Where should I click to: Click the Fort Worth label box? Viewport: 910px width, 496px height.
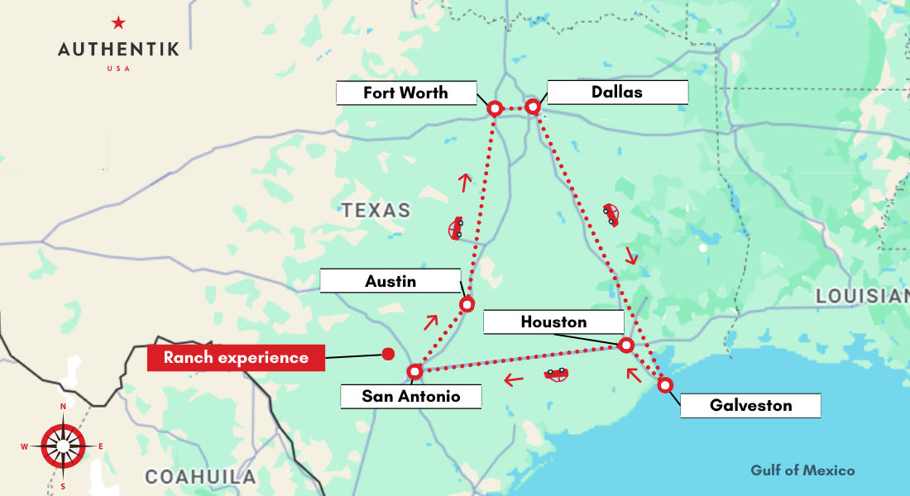[406, 93]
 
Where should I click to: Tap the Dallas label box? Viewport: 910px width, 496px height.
[617, 92]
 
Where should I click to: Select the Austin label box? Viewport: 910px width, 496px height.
[390, 281]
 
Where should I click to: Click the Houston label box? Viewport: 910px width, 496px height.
[553, 322]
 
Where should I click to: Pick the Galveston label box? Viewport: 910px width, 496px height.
[750, 405]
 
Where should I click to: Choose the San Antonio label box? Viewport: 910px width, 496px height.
[411, 396]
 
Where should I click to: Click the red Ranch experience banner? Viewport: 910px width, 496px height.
[236, 358]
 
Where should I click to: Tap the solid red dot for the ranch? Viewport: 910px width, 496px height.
[387, 355]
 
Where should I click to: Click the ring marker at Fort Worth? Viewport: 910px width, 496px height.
[495, 108]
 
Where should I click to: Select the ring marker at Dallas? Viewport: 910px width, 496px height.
[533, 107]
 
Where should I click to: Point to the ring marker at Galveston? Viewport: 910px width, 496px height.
[664, 385]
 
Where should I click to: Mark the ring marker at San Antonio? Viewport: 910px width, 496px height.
[415, 371]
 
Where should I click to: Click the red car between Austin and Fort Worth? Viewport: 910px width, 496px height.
[456, 228]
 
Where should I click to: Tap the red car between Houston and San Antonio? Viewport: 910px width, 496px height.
[557, 374]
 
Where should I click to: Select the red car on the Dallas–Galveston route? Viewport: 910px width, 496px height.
[611, 214]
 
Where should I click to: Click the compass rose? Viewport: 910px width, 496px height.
[63, 446]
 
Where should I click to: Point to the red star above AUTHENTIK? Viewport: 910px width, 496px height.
[118, 23]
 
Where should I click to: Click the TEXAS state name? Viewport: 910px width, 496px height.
[376, 210]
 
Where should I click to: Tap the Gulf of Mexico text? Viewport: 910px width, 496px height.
[802, 470]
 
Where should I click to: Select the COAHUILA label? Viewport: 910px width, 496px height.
[201, 477]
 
